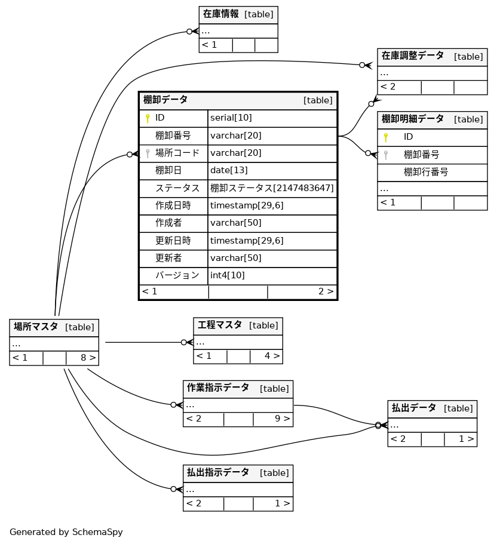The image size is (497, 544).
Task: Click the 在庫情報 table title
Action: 220,14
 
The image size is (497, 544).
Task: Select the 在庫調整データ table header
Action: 413,56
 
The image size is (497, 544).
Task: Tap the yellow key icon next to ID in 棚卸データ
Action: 148,118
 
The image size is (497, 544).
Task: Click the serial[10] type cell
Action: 231,118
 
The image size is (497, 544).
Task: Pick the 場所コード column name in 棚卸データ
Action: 177,153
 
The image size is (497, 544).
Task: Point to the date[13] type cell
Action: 229,170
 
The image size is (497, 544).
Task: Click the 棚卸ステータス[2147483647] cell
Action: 272,188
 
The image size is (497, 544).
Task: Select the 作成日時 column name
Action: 173,205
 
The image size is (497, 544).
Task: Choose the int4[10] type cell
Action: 228,275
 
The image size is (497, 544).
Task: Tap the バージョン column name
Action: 177,275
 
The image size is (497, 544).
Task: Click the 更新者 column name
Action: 169,258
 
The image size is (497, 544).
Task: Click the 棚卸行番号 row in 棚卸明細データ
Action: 426,172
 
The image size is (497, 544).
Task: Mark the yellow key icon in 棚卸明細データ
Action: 386,137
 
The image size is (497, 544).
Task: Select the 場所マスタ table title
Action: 36,327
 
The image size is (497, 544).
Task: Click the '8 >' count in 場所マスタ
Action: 88,358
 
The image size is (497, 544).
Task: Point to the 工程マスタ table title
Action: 220,325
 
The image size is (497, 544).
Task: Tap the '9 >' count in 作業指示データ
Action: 282,419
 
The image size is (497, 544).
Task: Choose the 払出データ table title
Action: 414,408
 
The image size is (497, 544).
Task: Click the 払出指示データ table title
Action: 218,473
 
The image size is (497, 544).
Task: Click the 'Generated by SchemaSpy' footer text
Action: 66,532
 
